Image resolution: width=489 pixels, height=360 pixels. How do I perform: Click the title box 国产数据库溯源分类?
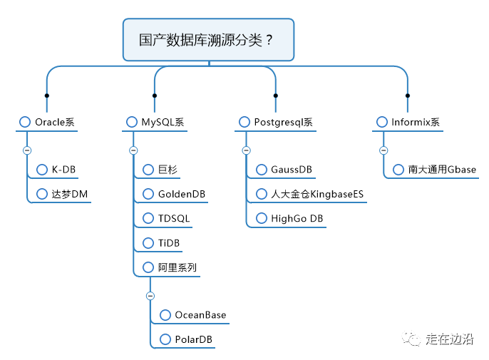point(208,40)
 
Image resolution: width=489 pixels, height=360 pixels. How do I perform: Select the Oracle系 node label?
point(55,122)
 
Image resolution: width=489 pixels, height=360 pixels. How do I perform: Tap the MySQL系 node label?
point(163,122)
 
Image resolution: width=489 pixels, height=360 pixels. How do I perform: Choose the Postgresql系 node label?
point(283,122)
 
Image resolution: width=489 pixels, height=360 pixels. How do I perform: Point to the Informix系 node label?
point(416,122)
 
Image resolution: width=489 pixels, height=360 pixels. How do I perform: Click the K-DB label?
point(63,170)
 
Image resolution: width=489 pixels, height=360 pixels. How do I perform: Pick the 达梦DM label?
point(70,194)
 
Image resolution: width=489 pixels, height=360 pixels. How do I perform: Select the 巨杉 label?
point(168,170)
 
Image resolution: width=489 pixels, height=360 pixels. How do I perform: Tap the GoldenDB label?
point(182,194)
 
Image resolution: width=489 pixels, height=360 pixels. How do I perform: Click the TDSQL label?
point(174,218)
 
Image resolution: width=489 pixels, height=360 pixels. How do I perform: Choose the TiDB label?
point(169,242)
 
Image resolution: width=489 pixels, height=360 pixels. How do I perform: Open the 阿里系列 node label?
point(177,267)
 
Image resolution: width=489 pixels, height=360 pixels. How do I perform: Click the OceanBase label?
point(200,315)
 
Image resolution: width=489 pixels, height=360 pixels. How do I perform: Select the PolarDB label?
point(193,339)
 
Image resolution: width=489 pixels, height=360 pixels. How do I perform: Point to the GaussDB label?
point(292,170)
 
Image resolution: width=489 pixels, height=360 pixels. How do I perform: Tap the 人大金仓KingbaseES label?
point(317,194)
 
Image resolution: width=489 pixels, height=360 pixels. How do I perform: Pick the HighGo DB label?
point(297,218)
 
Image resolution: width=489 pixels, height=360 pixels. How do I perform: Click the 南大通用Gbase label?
point(442,170)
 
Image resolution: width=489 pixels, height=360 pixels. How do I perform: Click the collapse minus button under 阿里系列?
point(150,296)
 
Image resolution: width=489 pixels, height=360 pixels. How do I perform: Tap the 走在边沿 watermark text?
point(449,339)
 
